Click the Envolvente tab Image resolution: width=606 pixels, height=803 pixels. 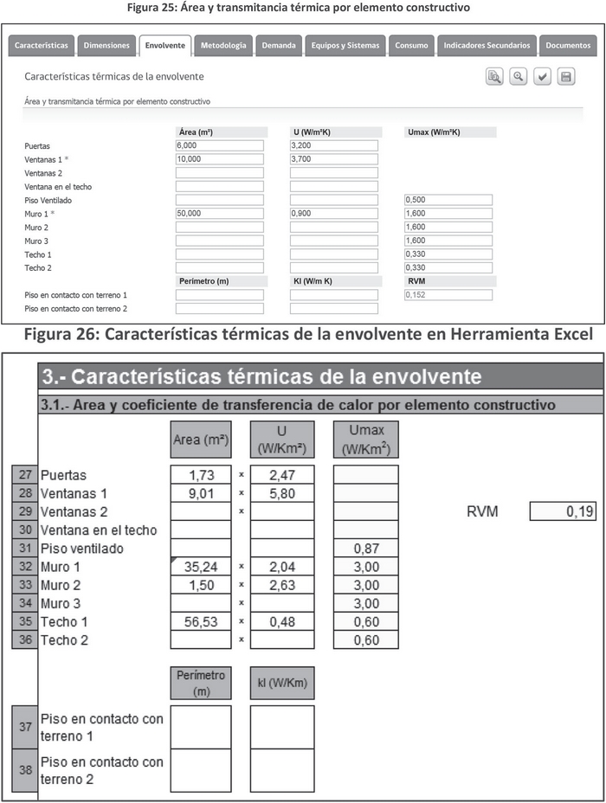164,45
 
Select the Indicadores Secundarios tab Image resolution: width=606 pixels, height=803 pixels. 485,45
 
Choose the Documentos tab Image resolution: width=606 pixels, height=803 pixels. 568,45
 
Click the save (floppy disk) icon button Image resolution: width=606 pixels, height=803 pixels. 566,77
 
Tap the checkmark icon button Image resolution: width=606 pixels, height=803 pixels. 542,77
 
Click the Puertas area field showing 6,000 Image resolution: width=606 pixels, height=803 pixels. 219,145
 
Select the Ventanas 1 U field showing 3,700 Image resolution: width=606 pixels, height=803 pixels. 333,159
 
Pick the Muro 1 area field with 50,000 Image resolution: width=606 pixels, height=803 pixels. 219,213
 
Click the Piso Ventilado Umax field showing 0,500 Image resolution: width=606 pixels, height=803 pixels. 448,200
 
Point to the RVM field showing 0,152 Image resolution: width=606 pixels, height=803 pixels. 448,294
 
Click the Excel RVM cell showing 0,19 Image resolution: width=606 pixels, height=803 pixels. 563,511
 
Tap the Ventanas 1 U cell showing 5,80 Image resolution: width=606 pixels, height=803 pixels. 282,493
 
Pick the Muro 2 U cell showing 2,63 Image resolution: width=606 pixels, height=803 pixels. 282,584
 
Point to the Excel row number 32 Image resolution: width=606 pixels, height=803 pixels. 24,566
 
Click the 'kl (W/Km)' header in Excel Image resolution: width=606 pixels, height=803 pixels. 282,683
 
